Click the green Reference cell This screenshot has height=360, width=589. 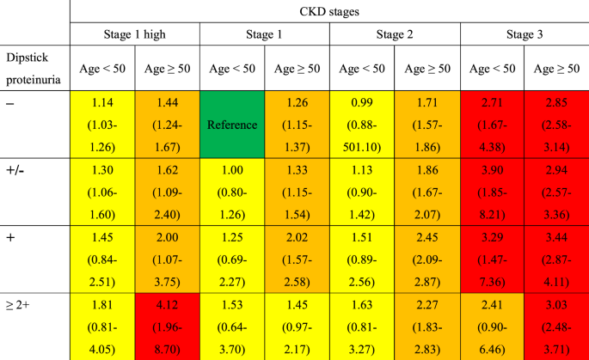(232, 125)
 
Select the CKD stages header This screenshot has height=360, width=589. (329, 12)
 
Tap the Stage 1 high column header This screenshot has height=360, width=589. (135, 34)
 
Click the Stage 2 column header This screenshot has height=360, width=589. (395, 34)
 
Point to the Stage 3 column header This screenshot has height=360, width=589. (525, 34)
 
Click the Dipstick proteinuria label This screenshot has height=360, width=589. (34, 68)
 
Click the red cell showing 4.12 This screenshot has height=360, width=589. (168, 327)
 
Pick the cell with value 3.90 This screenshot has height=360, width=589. (493, 192)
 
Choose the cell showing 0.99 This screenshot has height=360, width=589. (362, 125)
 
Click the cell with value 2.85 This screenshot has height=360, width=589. (557, 125)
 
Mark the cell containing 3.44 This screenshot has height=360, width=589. (557, 259)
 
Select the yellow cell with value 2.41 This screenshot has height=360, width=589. (493, 327)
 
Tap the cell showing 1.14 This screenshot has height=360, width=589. (102, 125)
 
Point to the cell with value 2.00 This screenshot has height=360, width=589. (168, 259)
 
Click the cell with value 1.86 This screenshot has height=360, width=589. (427, 192)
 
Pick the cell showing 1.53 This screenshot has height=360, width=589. (232, 327)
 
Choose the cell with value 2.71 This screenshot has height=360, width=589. (493, 125)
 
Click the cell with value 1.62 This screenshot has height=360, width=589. (168, 192)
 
